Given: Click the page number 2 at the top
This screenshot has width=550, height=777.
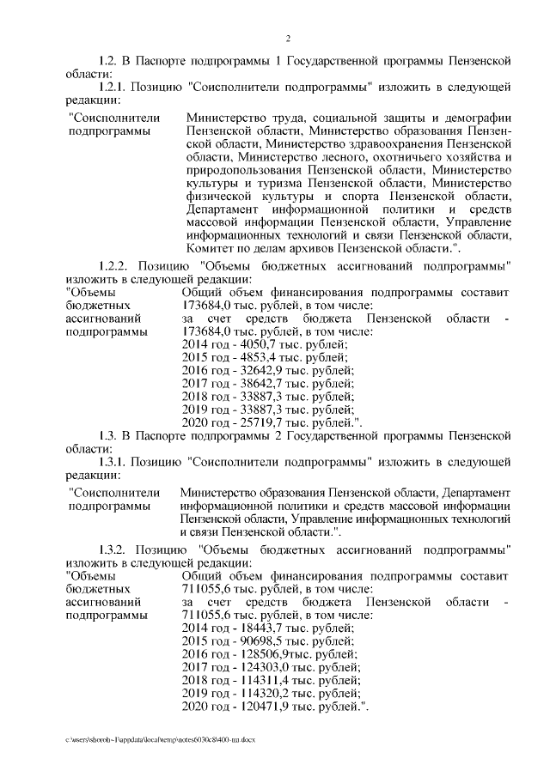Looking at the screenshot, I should (288, 39).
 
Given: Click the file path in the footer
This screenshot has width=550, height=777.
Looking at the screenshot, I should (156, 739).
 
